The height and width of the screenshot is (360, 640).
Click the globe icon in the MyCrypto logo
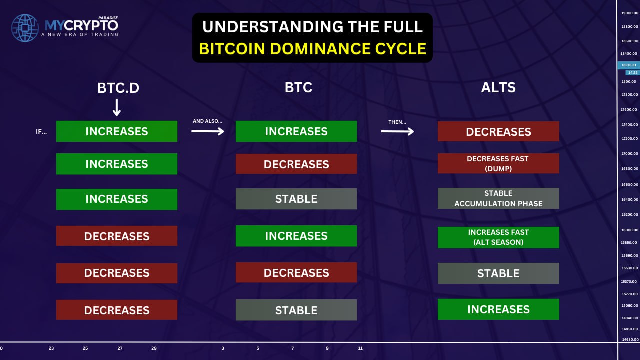tap(25, 28)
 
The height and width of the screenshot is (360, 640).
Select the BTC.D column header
tap(118, 88)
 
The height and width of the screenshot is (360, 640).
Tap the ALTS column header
tap(498, 87)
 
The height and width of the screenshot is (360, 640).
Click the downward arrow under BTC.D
tap(117, 107)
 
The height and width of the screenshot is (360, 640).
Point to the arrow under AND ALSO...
tap(207, 131)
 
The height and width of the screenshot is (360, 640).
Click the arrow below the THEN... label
tap(397, 131)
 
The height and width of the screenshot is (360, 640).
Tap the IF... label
tap(41, 131)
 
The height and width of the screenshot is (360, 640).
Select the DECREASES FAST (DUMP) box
tap(498, 163)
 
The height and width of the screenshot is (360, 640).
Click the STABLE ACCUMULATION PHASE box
tap(498, 198)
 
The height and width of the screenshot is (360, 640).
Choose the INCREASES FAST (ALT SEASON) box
tap(498, 237)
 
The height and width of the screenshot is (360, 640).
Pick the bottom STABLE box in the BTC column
tap(296, 310)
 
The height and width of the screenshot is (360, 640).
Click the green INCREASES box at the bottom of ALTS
tap(498, 309)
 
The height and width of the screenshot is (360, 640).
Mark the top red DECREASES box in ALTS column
tap(498, 131)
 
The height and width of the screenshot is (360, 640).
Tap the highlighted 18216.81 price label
tap(629, 65)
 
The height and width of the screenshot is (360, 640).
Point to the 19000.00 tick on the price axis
tap(629, 13)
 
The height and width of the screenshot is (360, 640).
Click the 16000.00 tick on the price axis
tap(629, 230)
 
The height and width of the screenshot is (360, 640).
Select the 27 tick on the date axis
tap(120, 348)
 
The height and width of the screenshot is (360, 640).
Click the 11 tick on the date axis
tap(360, 348)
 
